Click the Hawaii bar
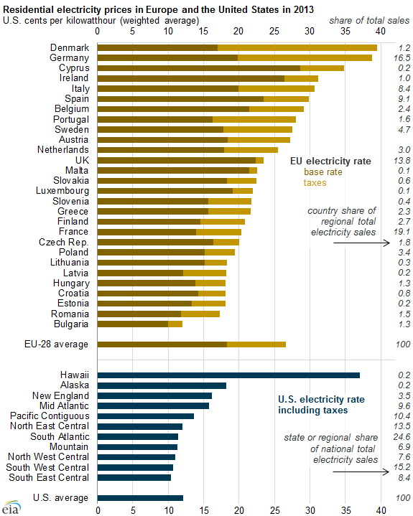[228, 375]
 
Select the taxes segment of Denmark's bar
[297, 47]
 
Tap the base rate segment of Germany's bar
[167, 57]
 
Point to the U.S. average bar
[140, 498]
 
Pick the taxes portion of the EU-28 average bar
[256, 344]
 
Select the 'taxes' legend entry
[315, 182]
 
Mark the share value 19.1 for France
[402, 232]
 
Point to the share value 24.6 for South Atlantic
[402, 436]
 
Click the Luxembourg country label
[62, 191]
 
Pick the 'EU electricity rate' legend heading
[330, 161]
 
